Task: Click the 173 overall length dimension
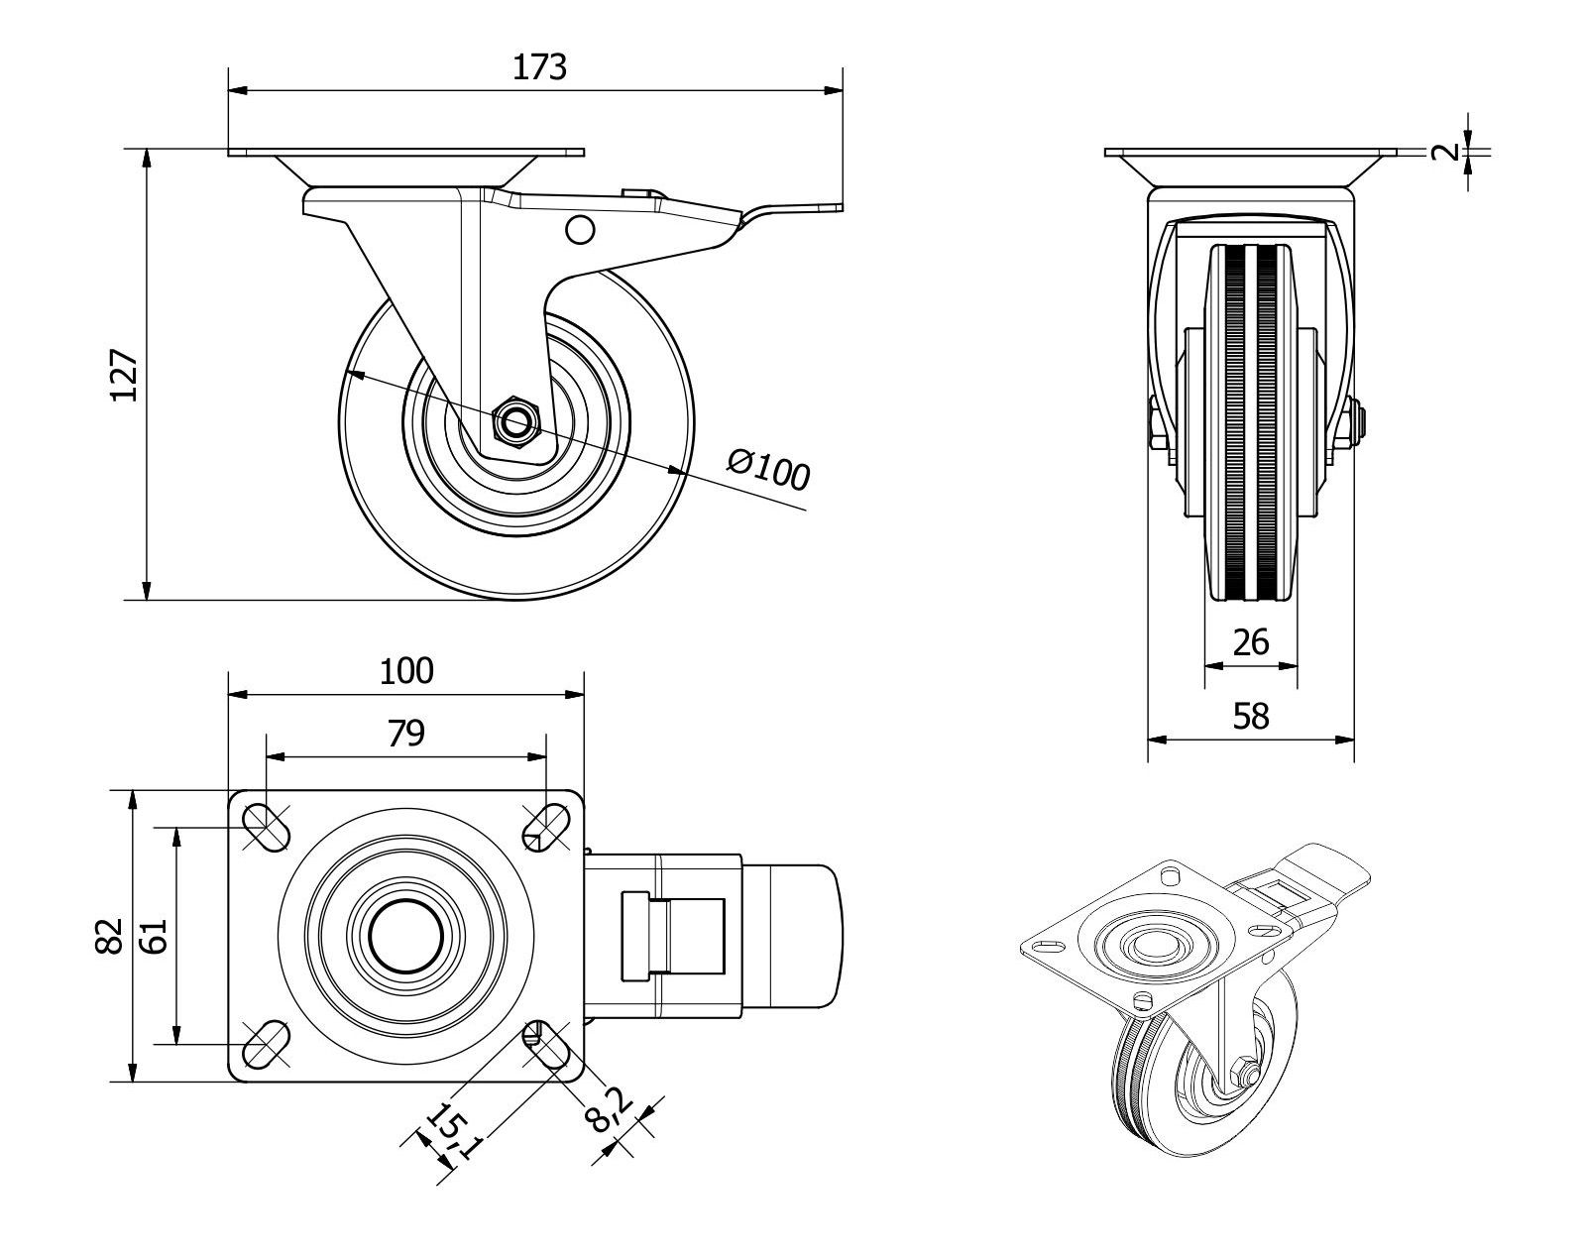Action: [539, 66]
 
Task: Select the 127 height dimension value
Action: [124, 375]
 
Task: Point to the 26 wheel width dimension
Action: [1250, 642]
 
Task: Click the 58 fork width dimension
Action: [1250, 715]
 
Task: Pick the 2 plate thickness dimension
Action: [1448, 152]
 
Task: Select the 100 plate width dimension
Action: [406, 671]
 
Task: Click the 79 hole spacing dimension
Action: [406, 733]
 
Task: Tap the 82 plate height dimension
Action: [109, 935]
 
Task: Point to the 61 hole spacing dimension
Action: [154, 935]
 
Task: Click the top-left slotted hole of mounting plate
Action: [267, 826]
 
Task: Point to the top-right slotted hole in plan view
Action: [544, 826]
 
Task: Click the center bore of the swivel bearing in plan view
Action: [406, 936]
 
